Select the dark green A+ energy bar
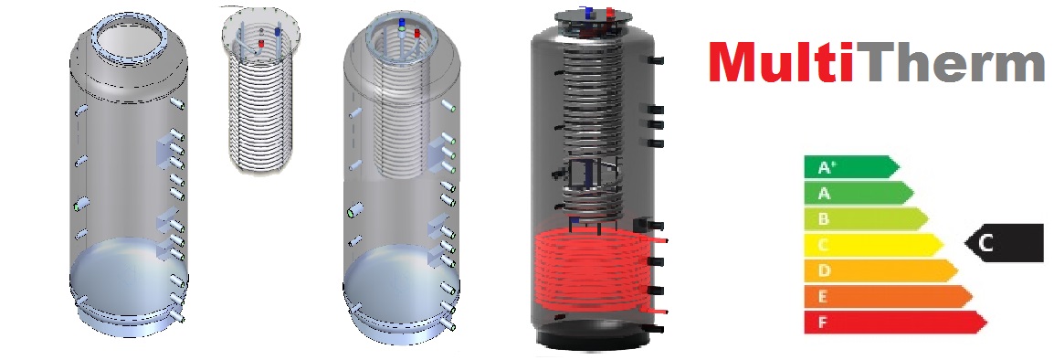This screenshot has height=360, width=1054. click(x=851, y=167)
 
